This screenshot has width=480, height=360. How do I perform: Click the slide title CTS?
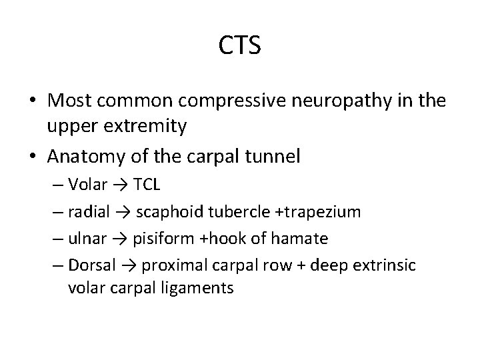(240, 47)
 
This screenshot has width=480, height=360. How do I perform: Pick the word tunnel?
(273, 157)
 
